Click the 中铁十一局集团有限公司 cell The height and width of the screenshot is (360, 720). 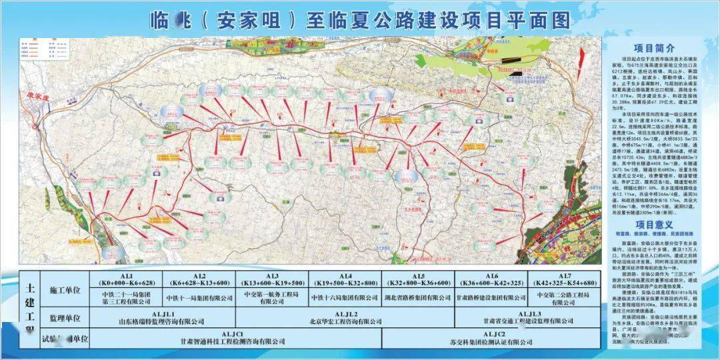(x=200, y=299)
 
